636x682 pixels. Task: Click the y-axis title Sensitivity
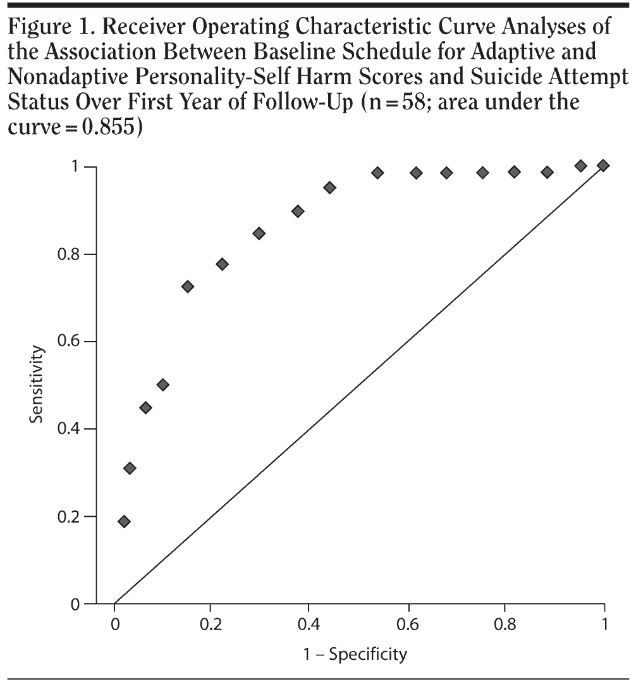38,386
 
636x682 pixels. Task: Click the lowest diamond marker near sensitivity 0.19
125,521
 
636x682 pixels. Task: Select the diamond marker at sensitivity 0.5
163,385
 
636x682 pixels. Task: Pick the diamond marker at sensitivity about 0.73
188,287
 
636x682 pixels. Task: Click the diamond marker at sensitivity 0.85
259,233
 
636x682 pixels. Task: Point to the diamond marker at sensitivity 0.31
130,468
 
